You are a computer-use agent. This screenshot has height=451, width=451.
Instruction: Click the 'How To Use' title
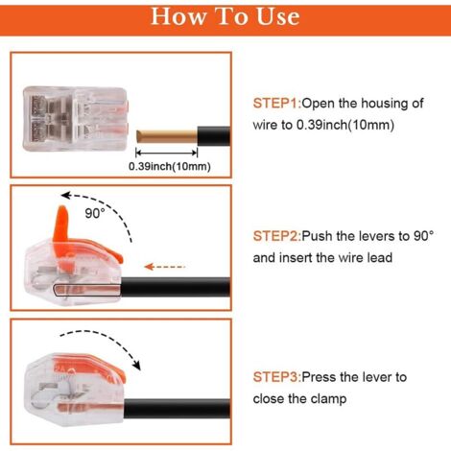pyautogui.click(x=225, y=16)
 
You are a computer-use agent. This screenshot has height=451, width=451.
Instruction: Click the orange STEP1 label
pyautogui.click(x=277, y=104)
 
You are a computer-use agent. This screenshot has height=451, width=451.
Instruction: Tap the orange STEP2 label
pyautogui.click(x=277, y=236)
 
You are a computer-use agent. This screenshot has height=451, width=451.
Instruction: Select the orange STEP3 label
pyautogui.click(x=277, y=377)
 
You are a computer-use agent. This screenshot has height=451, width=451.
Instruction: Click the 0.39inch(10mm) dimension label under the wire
pyautogui.click(x=170, y=166)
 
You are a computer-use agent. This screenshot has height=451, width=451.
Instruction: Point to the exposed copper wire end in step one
pyautogui.click(x=166, y=136)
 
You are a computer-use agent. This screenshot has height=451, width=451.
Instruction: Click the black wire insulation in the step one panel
pyautogui.click(x=214, y=136)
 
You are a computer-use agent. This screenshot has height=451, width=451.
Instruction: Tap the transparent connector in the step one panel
pyautogui.click(x=75, y=119)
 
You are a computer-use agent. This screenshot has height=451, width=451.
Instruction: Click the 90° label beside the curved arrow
pyautogui.click(x=95, y=213)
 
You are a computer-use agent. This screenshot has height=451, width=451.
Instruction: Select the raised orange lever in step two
pyautogui.click(x=62, y=224)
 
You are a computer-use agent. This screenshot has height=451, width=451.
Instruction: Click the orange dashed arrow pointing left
pyautogui.click(x=165, y=267)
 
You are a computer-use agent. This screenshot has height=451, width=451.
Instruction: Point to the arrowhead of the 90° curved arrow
pyautogui.click(x=66, y=195)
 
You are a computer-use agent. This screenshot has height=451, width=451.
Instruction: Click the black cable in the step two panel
pyautogui.click(x=176, y=287)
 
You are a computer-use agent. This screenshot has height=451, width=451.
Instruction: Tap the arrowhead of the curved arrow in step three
pyautogui.click(x=136, y=366)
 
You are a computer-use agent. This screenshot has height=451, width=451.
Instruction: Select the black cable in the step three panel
pyautogui.click(x=177, y=409)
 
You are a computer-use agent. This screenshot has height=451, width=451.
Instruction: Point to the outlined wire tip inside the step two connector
pyautogui.click(x=87, y=290)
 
